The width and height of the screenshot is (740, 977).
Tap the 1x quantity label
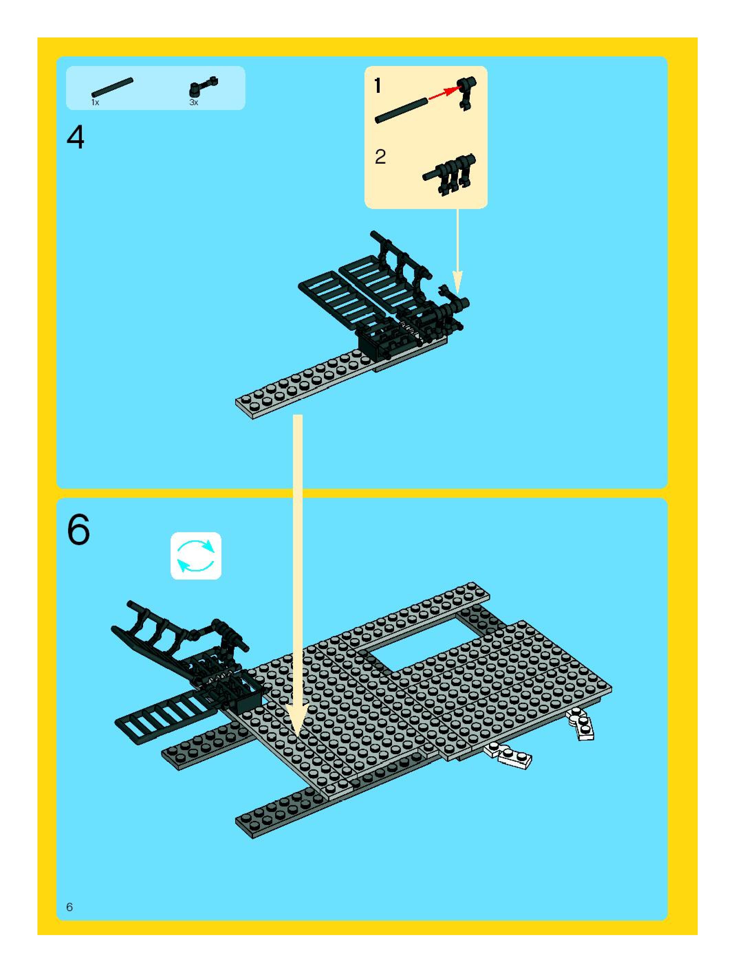point(95,102)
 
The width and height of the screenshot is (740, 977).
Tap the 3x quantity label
point(194,102)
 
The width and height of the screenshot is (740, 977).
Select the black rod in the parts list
point(112,87)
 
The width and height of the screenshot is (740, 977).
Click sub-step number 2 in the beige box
point(380,157)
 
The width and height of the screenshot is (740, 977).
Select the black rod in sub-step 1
point(402,110)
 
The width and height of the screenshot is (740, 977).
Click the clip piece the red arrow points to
point(466,93)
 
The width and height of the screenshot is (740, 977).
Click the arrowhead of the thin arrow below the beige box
point(457,283)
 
